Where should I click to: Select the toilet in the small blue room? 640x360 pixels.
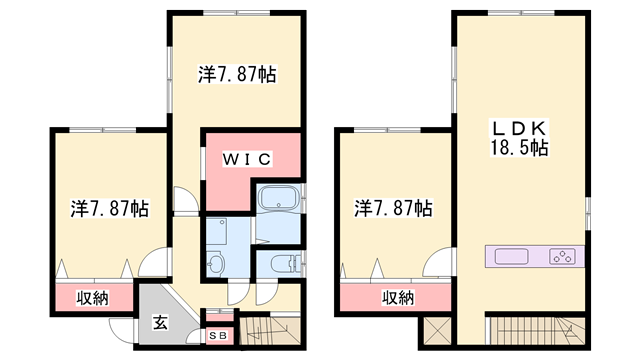tap(283, 265)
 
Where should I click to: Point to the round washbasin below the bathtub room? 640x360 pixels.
tap(217, 263)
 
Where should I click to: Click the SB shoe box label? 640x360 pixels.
tap(219, 335)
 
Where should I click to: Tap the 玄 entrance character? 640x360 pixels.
tap(160, 322)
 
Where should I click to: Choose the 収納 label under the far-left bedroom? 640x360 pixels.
tap(93, 297)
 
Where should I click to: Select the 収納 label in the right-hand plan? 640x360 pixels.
tap(398, 297)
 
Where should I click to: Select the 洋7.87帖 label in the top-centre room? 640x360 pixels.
tap(237, 74)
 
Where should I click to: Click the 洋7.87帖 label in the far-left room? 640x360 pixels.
tap(110, 209)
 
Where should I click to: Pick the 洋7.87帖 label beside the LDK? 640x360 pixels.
tap(393, 209)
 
